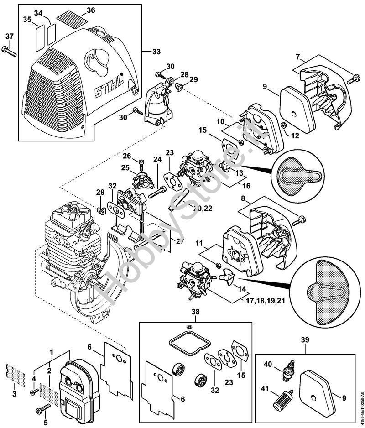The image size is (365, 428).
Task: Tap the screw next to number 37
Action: click(9, 50)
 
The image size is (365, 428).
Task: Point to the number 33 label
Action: click(156, 52)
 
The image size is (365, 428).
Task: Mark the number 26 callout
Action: click(127, 156)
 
